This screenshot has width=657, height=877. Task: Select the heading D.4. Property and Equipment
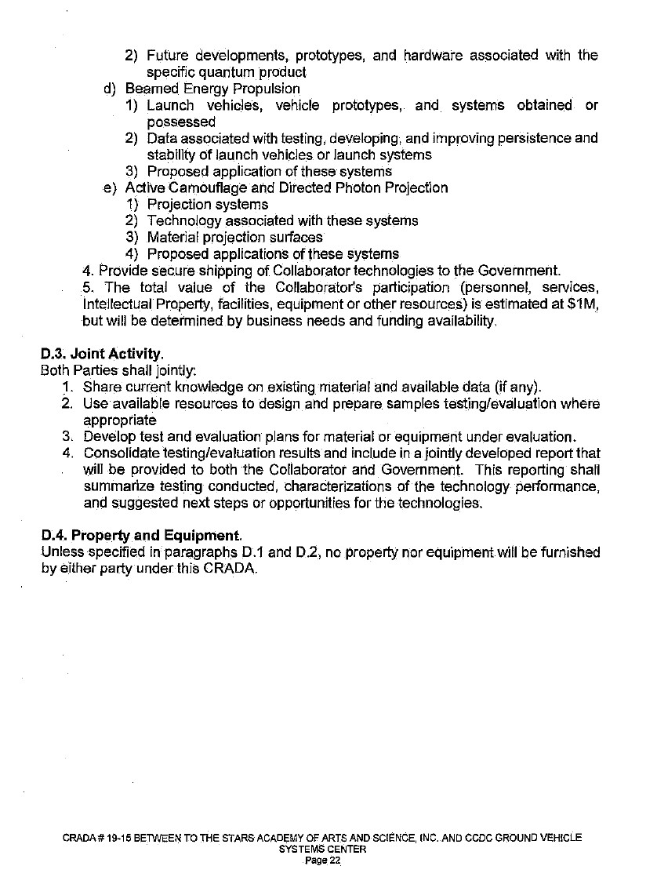click(x=141, y=537)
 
